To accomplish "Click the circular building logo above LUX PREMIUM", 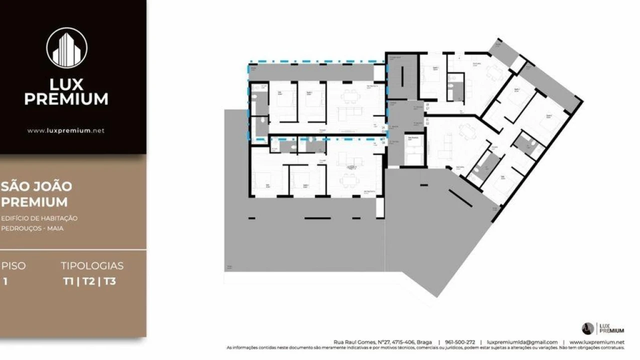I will [66, 48].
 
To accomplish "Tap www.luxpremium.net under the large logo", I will [66, 130].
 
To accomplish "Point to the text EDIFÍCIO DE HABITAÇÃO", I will [39, 218].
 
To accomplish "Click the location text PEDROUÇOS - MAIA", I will [32, 228].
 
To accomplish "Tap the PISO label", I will [13, 266].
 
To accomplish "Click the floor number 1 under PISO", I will [5, 281].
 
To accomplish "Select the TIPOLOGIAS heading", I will [92, 266].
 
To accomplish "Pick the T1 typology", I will [68, 281].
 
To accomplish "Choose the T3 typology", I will [110, 281].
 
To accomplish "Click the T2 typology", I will [89, 281].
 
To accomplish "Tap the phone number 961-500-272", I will [460, 342].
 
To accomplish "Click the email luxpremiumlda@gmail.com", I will [522, 342].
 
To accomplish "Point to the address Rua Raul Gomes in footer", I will [375, 342].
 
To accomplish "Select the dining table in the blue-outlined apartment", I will [351, 95].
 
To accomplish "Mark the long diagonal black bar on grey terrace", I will [460, 198].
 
